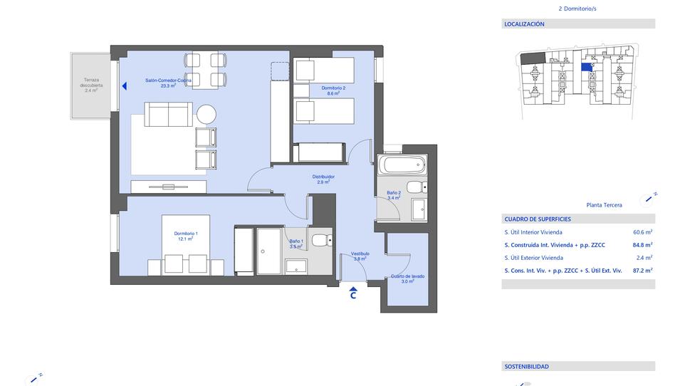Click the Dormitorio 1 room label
click(x=186, y=234)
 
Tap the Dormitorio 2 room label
click(x=333, y=88)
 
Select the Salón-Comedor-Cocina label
click(x=168, y=80)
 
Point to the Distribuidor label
click(x=323, y=177)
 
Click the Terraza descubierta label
click(x=91, y=83)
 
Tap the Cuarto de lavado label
click(x=408, y=276)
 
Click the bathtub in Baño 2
click(x=402, y=165)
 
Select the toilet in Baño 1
click(x=322, y=239)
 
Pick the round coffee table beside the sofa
click(x=206, y=115)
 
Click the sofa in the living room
click(x=168, y=114)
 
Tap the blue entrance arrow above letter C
click(x=353, y=289)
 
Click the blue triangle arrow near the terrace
click(x=125, y=86)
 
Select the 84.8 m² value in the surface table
click(x=643, y=245)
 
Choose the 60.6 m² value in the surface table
click(x=643, y=231)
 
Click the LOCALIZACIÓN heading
click(x=524, y=24)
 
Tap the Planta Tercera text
click(x=604, y=205)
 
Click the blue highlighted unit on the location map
click(x=586, y=67)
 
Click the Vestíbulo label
click(x=360, y=254)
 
